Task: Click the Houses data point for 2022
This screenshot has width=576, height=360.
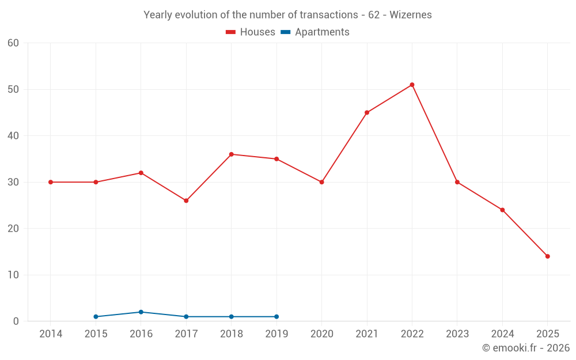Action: point(412,85)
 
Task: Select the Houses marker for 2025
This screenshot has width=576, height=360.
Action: point(547,256)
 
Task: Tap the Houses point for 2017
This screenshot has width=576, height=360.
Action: point(186,200)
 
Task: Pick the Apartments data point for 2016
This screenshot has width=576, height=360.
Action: point(141,312)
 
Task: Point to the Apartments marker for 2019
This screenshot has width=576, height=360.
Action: point(276,317)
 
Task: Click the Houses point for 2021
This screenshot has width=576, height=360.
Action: point(367,112)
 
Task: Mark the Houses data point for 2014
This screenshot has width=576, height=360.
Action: point(51,182)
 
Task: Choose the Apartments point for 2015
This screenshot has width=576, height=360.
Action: point(96,317)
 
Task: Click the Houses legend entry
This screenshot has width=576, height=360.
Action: point(250,32)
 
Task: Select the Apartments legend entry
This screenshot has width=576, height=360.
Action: point(315,32)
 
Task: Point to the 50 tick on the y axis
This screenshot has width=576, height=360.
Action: point(13,89)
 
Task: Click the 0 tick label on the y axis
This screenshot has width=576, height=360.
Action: point(16,321)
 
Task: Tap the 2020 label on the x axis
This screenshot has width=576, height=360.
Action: point(321,334)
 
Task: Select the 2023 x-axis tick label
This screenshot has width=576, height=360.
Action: point(457,334)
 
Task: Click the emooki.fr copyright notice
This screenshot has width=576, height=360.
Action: point(525,348)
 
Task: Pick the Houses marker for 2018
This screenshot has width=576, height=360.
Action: point(231,154)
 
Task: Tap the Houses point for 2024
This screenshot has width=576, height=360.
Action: point(502,210)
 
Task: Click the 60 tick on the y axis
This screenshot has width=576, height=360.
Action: point(13,43)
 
